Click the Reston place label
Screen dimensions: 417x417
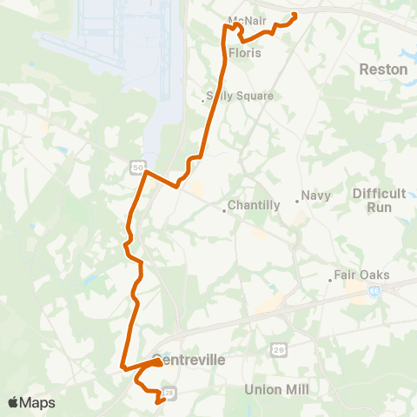point(383,69)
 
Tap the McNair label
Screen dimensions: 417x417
point(246,20)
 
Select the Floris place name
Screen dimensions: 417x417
point(245,53)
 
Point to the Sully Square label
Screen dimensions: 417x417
point(242,96)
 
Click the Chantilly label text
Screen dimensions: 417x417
point(254,206)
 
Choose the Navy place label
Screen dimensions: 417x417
point(316,195)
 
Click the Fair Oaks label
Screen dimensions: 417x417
point(364,275)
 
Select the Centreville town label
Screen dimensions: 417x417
point(189,359)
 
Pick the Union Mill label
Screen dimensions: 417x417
point(276,388)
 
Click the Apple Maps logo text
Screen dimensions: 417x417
point(30,403)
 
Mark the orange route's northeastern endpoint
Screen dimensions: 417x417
point(295,14)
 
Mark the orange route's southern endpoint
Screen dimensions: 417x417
point(157,402)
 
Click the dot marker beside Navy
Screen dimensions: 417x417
point(297,201)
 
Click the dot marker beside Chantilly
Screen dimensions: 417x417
point(223,208)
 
